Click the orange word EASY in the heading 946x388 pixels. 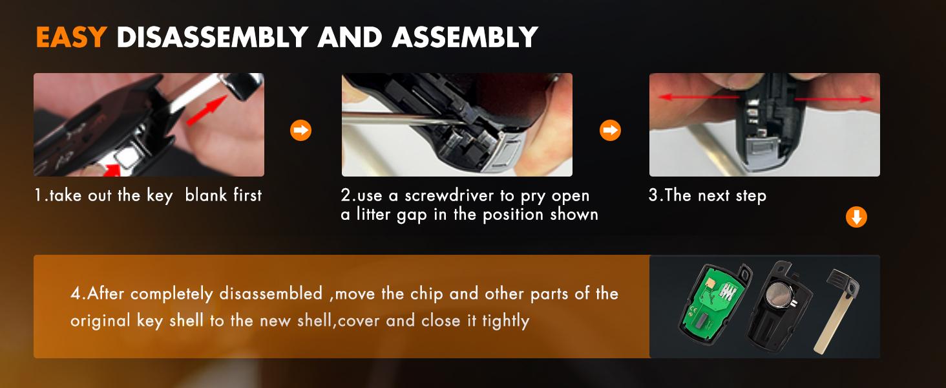tap(71, 37)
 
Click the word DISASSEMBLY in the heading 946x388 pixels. tap(212, 37)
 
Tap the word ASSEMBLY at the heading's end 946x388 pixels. tap(465, 37)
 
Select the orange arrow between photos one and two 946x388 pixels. tap(300, 130)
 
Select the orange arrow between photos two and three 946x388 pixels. tap(610, 130)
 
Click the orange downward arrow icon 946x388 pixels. tap(856, 217)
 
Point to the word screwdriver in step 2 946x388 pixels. tap(449, 195)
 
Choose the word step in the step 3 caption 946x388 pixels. tap(751, 196)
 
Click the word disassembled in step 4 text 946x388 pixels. tap(271, 294)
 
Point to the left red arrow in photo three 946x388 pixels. tap(699, 98)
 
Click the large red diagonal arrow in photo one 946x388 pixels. tap(207, 111)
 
